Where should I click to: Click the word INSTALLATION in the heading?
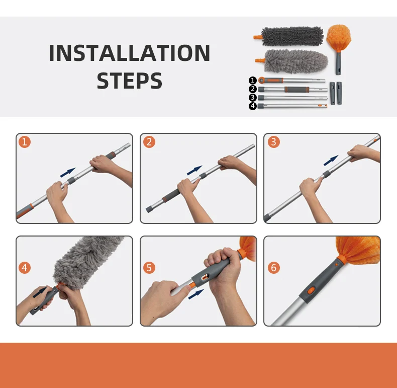pos(129,53)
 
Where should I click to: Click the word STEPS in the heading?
pos(129,81)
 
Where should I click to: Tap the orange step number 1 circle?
pos(25,142)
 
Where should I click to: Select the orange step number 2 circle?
pos(149,142)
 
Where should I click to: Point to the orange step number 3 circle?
pos(274,142)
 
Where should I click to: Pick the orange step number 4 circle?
pos(25,268)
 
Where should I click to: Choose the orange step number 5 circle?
pos(149,268)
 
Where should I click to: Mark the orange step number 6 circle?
pos(274,268)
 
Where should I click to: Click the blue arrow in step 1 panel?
pos(68,173)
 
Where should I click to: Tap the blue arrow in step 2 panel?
pos(194,170)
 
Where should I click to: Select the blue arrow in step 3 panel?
pos(331,160)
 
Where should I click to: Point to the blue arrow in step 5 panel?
pos(196,294)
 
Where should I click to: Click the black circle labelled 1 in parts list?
pos(253,81)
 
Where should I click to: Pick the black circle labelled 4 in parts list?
pos(253,106)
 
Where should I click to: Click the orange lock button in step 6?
pos(311,290)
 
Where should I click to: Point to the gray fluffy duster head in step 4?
pos(87,261)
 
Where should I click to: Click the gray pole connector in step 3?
pos(326,174)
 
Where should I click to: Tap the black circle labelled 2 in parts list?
pos(253,89)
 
